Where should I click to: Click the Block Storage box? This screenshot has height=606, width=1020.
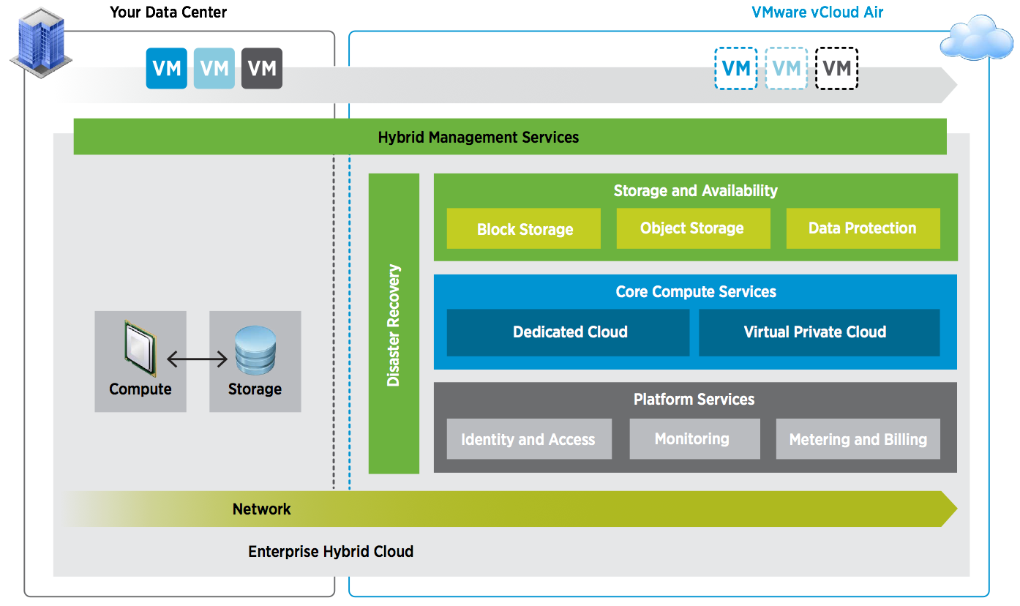[x=524, y=229]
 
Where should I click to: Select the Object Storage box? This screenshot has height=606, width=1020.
[x=693, y=228]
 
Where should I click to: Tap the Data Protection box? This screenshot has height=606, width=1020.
[x=863, y=228]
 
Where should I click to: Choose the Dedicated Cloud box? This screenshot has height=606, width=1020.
[x=569, y=332]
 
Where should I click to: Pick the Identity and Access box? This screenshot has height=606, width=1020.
[x=528, y=439]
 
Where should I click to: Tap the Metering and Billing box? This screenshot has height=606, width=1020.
[x=858, y=439]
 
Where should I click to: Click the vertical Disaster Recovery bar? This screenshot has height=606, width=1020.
[x=394, y=323]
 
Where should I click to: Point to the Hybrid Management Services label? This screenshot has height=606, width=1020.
[x=479, y=137]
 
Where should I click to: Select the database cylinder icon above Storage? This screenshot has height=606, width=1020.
[x=255, y=350]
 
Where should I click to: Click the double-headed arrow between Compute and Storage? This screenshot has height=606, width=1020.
[x=198, y=359]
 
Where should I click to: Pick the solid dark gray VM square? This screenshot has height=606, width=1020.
[x=262, y=69]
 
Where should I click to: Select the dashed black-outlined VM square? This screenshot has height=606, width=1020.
[x=836, y=69]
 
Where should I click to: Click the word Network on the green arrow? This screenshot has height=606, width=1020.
[x=261, y=509]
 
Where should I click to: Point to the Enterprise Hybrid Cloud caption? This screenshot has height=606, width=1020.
[x=331, y=552]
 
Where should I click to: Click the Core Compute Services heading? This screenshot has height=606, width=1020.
[x=695, y=292]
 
